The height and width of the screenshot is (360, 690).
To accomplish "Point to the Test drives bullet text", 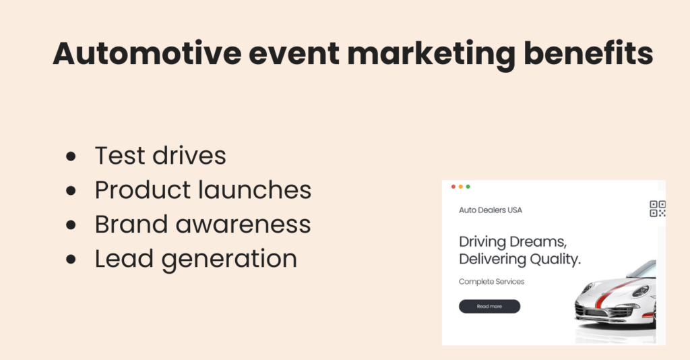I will (160, 156).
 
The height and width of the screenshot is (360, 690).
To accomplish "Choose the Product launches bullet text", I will (203, 190).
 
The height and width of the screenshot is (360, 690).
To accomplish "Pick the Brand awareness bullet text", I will (203, 224).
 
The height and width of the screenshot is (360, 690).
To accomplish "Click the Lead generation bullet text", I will (196, 259).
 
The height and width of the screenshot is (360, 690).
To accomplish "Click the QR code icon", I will (657, 209).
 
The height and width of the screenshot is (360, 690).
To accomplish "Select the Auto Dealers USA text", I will (491, 210).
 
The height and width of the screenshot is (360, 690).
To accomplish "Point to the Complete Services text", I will (491, 282).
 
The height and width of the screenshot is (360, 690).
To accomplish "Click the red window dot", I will (453, 187).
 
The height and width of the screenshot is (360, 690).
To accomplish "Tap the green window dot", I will (468, 187).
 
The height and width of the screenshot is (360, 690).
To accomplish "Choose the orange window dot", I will (461, 187).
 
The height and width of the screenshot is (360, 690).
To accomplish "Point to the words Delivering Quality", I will (520, 260).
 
